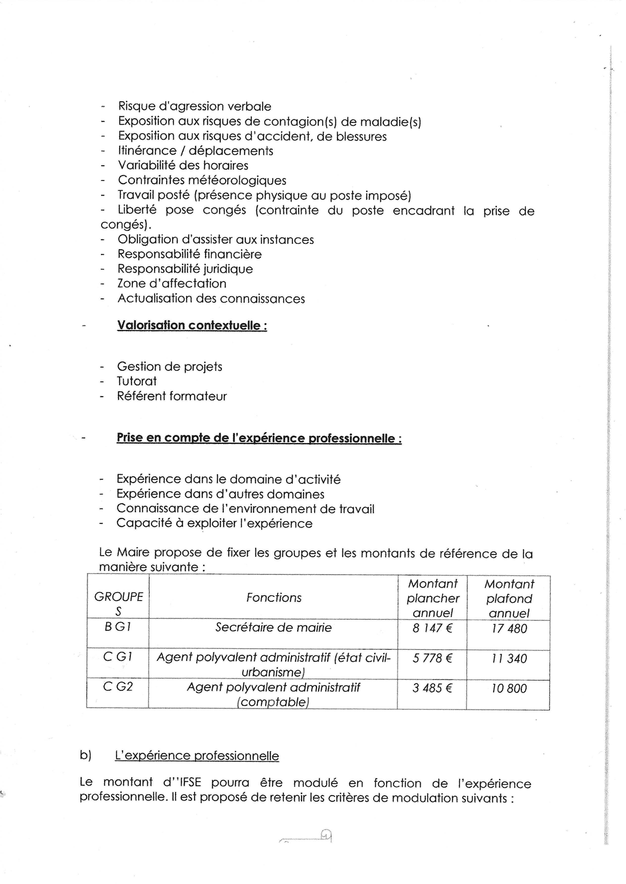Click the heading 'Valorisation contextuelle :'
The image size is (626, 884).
(192, 325)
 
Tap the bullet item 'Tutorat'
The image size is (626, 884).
(137, 381)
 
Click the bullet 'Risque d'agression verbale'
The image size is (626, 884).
(195, 106)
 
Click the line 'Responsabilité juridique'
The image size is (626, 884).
(185, 269)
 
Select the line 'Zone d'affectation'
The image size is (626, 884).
(172, 284)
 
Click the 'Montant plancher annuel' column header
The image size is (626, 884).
(432, 598)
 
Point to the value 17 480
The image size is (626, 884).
(509, 629)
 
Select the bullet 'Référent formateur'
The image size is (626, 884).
(172, 396)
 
